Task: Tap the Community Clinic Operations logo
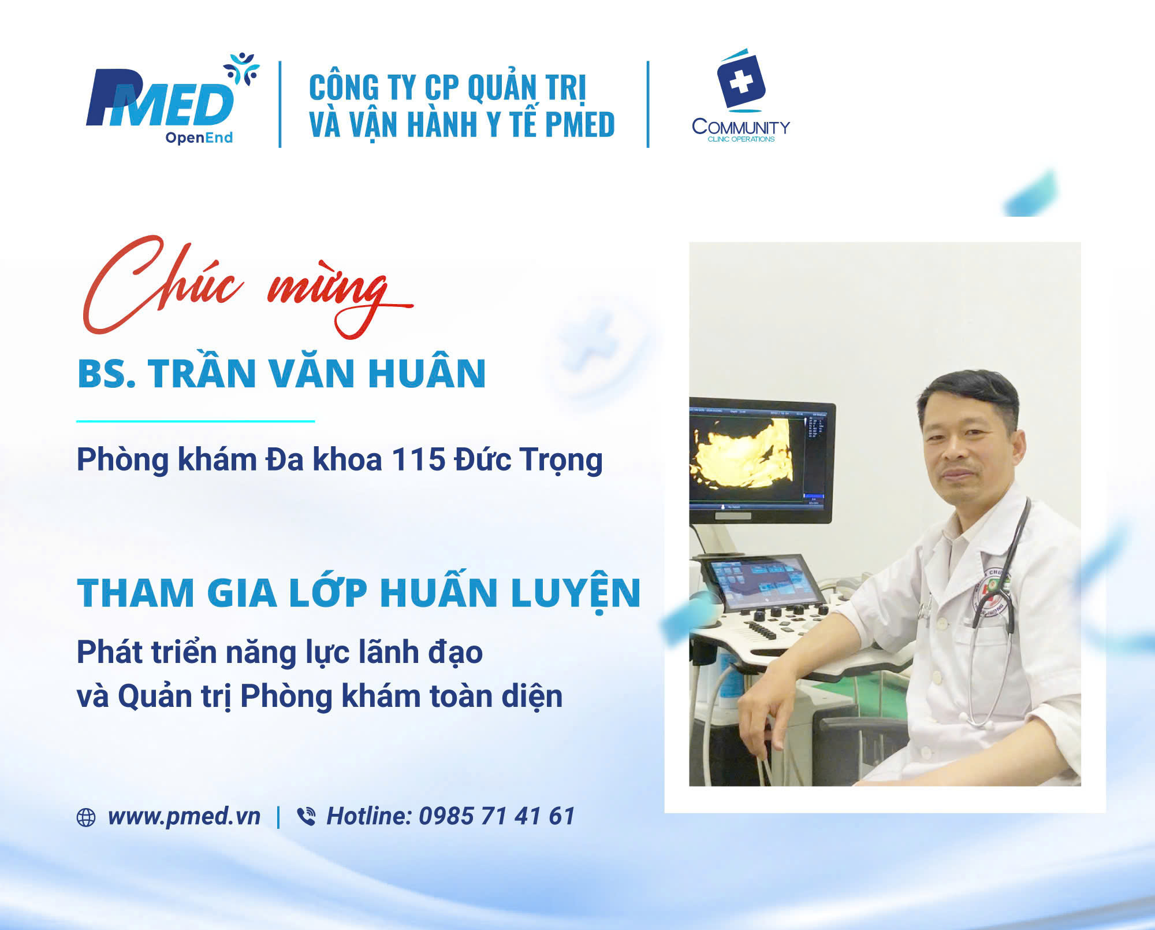[741, 95]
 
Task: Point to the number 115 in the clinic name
[419, 460]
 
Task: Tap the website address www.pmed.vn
[184, 816]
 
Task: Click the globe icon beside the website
[86, 817]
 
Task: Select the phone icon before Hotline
[306, 816]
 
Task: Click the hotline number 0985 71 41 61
[497, 816]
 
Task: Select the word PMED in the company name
[579, 124]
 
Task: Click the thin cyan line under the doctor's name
[195, 421]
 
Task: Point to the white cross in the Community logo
[741, 81]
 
